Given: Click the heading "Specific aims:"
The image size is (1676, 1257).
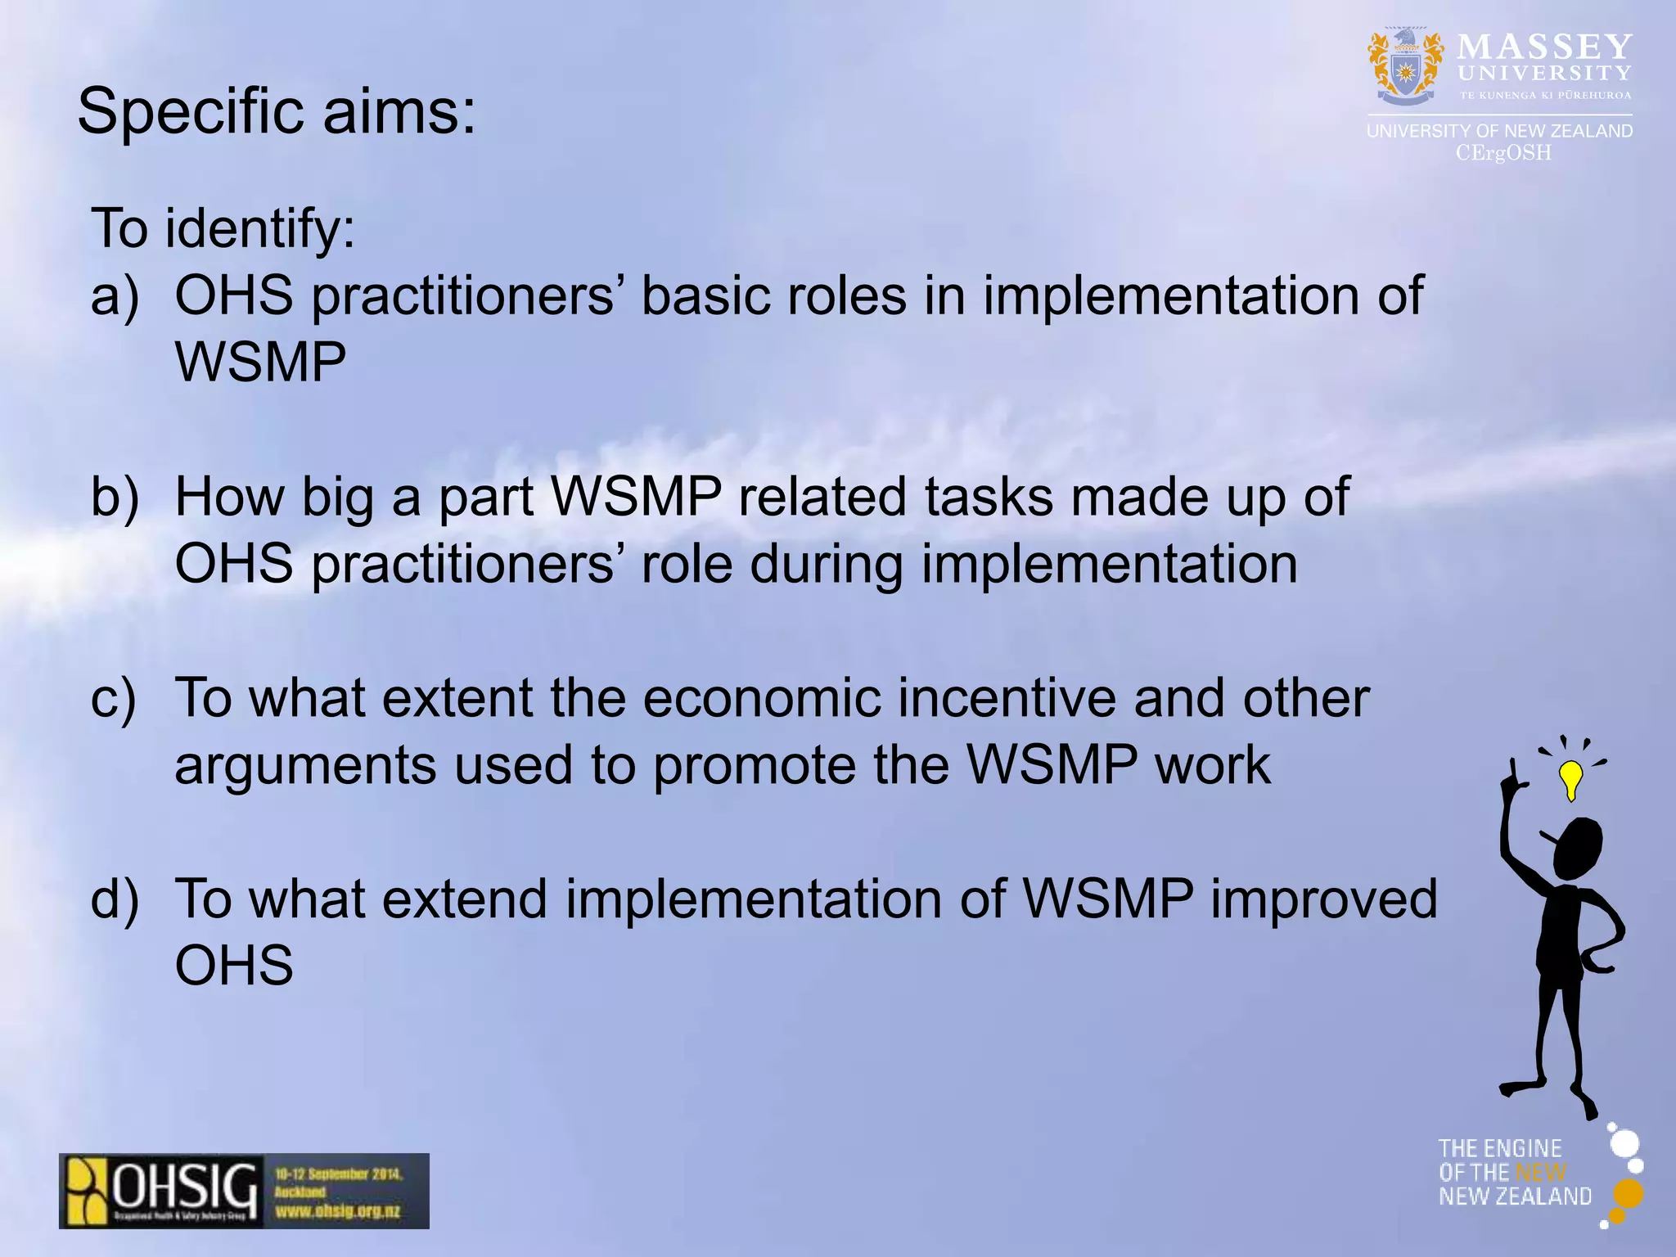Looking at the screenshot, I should [276, 112].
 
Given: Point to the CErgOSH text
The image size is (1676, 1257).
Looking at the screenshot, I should [1503, 153].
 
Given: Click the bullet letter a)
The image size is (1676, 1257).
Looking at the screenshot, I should [115, 296].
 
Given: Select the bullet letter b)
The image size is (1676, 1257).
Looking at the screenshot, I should [115, 497].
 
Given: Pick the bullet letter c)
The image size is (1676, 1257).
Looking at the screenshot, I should [114, 699].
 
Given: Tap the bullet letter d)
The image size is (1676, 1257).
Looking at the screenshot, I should [115, 899].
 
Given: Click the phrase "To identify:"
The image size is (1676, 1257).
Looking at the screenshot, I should [223, 228].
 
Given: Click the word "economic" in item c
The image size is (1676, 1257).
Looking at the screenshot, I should [762, 699].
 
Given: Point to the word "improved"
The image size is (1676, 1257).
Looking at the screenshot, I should [1323, 899].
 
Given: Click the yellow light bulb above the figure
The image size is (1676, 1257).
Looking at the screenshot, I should [1570, 777].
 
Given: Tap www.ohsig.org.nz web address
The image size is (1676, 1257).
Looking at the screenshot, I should [337, 1210].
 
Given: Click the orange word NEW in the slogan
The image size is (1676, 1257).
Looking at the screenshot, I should [1540, 1173].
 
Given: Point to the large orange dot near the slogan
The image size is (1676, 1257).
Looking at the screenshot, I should [1628, 1194].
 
